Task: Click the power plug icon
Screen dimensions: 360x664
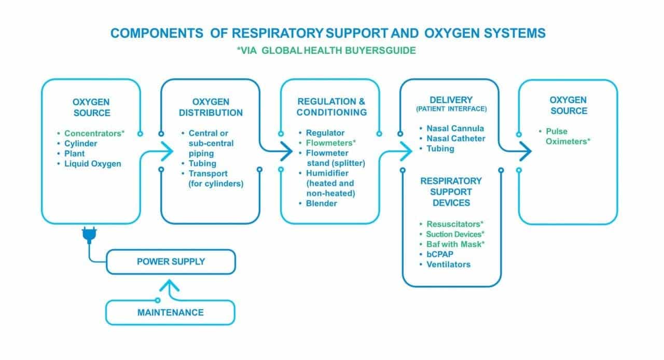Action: click(89, 237)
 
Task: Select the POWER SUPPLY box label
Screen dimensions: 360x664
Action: click(171, 261)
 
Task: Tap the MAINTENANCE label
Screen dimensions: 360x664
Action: click(170, 312)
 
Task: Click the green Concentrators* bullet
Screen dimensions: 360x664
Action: click(94, 133)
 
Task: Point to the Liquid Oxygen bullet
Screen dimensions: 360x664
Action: click(92, 164)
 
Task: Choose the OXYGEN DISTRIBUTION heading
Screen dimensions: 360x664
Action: click(210, 107)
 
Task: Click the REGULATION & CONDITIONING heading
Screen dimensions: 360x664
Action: click(332, 107)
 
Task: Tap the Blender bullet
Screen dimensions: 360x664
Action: click(321, 203)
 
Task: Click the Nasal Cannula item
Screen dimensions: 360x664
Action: click(455, 128)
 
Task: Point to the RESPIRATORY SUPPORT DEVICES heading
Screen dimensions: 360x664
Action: click(451, 191)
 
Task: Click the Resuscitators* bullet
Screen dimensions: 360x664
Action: click(455, 224)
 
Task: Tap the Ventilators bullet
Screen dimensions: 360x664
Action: click(448, 265)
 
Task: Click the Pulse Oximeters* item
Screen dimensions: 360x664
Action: click(567, 136)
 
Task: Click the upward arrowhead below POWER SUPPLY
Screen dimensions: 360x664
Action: click(171, 285)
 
